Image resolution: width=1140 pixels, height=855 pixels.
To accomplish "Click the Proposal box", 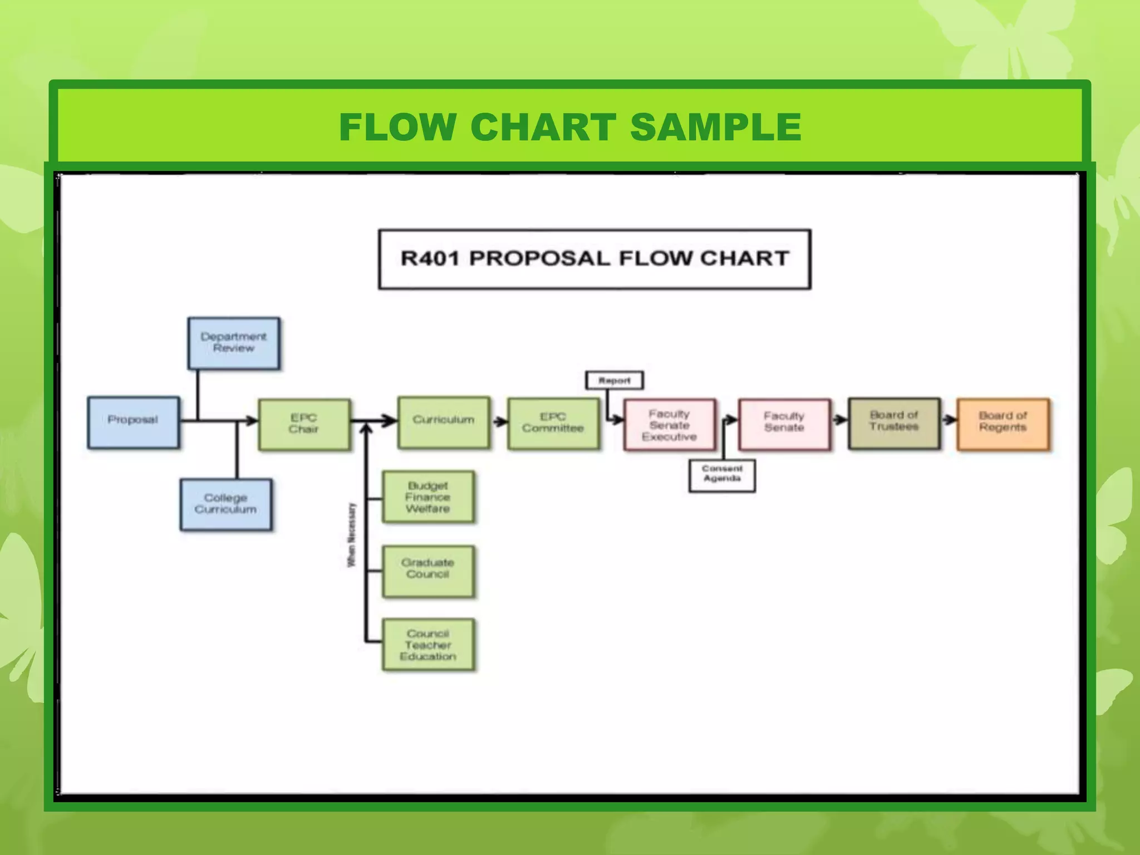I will pyautogui.click(x=134, y=422).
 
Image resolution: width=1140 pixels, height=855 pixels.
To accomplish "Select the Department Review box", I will pyautogui.click(x=234, y=343).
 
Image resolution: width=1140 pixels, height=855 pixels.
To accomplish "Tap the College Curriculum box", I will pyautogui.click(x=226, y=504).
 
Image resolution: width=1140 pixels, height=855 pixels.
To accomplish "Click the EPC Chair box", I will pyautogui.click(x=304, y=424).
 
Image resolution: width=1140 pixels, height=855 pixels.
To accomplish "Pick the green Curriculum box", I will pyautogui.click(x=444, y=421).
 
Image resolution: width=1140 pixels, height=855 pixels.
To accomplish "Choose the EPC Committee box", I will pyautogui.click(x=553, y=423).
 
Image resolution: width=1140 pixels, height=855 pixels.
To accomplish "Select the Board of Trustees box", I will pyautogui.click(x=894, y=423).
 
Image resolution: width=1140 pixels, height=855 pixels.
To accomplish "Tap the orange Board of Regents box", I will pyautogui.click(x=1003, y=424).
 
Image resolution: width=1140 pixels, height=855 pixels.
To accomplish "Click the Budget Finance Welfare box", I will pyautogui.click(x=428, y=497).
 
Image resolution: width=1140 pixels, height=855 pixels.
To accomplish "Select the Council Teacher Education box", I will pyautogui.click(x=428, y=645).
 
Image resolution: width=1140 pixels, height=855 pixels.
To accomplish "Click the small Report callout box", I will pyautogui.click(x=615, y=381).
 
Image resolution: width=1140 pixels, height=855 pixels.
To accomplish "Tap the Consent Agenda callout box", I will pyautogui.click(x=722, y=475).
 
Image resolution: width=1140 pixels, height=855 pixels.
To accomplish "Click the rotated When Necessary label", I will pyautogui.click(x=351, y=535).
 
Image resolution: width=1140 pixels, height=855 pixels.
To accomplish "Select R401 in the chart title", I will pyautogui.click(x=430, y=259).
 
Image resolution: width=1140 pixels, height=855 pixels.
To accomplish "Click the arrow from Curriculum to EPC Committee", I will pyautogui.click(x=500, y=421).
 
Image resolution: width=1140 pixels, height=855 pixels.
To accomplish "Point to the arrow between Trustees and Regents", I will pyautogui.click(x=949, y=420).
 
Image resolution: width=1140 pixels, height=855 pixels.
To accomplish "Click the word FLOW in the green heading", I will pyautogui.click(x=398, y=127).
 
